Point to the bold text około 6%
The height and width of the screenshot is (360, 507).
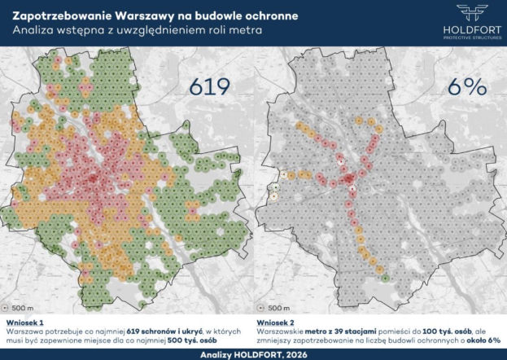tap(479, 342)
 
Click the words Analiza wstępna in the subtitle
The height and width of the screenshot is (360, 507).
tap(47, 30)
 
